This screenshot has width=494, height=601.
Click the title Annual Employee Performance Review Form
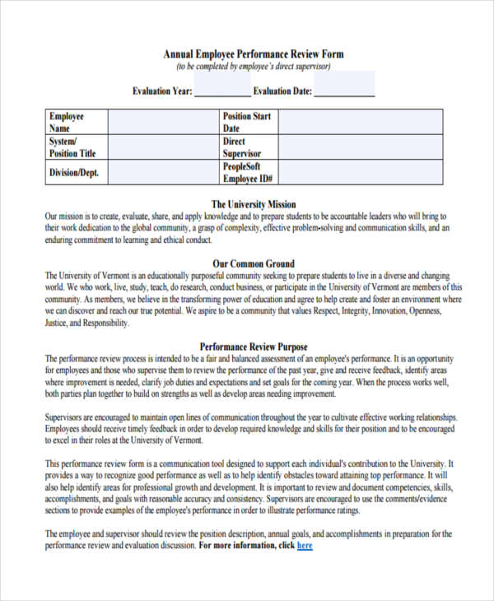(x=254, y=54)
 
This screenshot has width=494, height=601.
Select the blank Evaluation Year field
(x=222, y=90)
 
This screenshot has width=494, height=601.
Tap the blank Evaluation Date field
(x=344, y=90)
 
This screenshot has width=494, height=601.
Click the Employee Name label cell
(x=76, y=123)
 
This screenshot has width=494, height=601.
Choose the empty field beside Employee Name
(x=162, y=123)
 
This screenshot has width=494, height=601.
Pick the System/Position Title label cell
(x=76, y=147)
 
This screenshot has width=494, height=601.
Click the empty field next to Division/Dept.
(x=162, y=173)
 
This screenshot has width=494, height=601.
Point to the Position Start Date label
(x=247, y=123)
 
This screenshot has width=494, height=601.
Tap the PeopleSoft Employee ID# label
(x=247, y=172)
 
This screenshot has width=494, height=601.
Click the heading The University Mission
(x=254, y=204)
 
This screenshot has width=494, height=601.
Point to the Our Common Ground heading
(x=254, y=263)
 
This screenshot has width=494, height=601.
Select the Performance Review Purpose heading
(x=254, y=347)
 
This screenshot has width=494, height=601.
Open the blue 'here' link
(x=305, y=545)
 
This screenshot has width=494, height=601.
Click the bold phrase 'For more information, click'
(x=245, y=545)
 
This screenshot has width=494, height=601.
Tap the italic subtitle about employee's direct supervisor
(x=254, y=67)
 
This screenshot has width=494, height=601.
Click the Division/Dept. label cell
(x=76, y=173)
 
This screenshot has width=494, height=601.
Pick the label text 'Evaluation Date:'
(x=282, y=91)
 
